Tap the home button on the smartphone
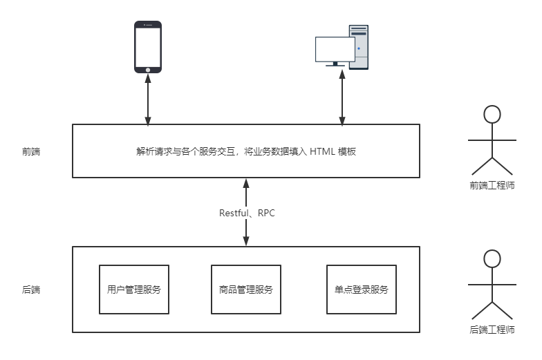click(147, 69)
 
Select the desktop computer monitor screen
click(335, 49)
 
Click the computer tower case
click(359, 46)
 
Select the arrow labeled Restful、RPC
click(246, 212)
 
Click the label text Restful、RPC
click(247, 213)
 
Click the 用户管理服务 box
click(134, 290)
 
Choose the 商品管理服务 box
click(245, 290)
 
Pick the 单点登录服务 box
click(361, 290)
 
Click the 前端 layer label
click(31, 151)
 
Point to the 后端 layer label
click(31, 290)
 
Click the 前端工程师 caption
click(492, 185)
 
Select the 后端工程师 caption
click(492, 330)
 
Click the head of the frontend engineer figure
click(492, 115)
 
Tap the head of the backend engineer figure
click(492, 259)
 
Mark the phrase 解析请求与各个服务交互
click(187, 151)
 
